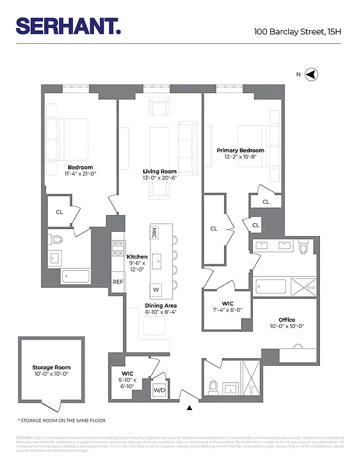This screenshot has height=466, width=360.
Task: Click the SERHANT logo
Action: tap(68, 26)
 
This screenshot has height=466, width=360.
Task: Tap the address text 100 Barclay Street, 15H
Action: tap(297, 31)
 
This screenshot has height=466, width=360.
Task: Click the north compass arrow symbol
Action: tap(311, 75)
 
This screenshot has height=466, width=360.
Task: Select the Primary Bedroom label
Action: tap(241, 150)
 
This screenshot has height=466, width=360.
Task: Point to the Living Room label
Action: tap(160, 172)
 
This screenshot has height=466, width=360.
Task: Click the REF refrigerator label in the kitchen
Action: tap(118, 282)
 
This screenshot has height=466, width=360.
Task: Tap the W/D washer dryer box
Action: tap(159, 390)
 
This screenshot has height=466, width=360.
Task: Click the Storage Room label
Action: tap(51, 368)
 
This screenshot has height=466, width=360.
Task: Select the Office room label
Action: tap(287, 320)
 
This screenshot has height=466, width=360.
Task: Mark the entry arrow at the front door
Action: tap(189, 408)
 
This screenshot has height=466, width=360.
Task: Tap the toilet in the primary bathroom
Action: tap(303, 248)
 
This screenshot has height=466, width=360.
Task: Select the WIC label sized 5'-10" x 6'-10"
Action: tap(128, 373)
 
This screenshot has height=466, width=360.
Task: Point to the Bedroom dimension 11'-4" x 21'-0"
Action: tap(80, 174)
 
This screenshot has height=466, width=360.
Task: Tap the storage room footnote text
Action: tap(62, 420)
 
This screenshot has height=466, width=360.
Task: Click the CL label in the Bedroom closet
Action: tap(59, 213)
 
